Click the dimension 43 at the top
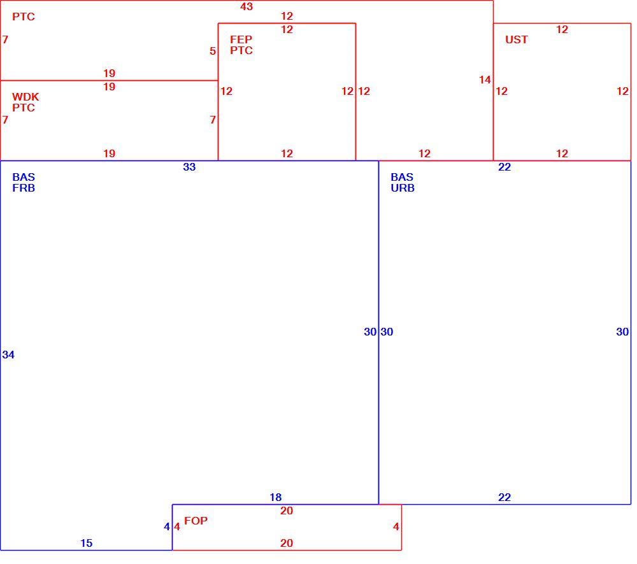click(247, 6)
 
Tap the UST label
click(517, 39)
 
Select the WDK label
click(25, 97)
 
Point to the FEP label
click(241, 39)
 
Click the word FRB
click(24, 188)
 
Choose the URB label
click(403, 188)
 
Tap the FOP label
click(196, 521)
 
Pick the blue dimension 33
click(189, 167)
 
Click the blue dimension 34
click(8, 355)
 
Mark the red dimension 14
click(485, 80)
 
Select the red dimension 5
click(213, 51)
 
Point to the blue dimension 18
click(275, 497)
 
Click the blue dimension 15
click(86, 543)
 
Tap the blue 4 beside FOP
click(166, 526)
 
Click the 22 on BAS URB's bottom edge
click(505, 497)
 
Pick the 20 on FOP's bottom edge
click(287, 543)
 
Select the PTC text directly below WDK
click(24, 108)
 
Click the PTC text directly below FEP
click(241, 50)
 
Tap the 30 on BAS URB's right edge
click(622, 332)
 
